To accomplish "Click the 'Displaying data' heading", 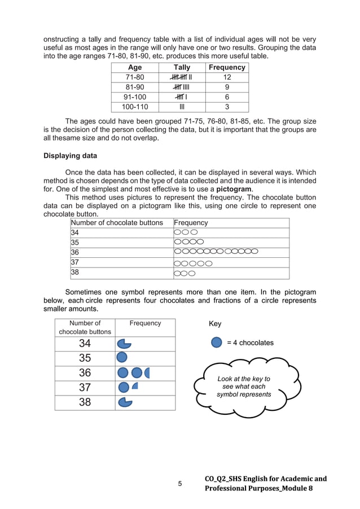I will point(70,156).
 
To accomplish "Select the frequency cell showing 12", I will point(227,77).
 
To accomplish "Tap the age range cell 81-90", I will point(135,87).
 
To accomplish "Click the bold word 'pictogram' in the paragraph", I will point(234,189).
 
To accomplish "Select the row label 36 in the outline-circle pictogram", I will point(75,252).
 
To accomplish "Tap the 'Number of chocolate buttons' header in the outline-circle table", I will point(117,223).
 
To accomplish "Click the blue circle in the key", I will point(216,343).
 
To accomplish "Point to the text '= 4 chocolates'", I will point(250,343).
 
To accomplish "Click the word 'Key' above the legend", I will point(215,324).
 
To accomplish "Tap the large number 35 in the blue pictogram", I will point(85,358).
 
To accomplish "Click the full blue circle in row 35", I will point(122,358).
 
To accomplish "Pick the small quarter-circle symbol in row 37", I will point(135,386).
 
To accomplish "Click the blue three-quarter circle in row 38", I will point(124,402).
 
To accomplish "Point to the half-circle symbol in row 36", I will point(147,372).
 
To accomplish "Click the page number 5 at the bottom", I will point(180,484).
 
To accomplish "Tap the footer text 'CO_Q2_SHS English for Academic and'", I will point(265,479).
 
